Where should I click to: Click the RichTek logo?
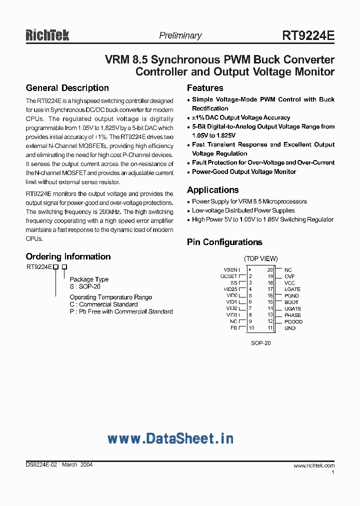pos(47,34)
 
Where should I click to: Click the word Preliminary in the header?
pos(180,35)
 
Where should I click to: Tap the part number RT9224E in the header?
pos(308,35)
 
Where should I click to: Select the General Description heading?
pos(67,88)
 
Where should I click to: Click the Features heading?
pos(205,88)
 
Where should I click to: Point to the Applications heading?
pos(212,190)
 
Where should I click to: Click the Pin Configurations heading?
pos(224,242)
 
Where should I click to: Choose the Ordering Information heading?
pos(68,256)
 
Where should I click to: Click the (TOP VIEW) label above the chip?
pos(260,258)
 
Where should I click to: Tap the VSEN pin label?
pos(231,270)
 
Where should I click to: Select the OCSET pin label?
pos(229,276)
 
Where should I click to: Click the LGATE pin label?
pos(292,289)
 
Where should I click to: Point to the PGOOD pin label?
pos(293,322)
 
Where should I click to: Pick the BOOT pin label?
pos(291,302)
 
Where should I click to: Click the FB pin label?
pos(233,328)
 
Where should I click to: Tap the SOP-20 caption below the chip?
pos(260,343)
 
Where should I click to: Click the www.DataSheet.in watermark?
pos(170,438)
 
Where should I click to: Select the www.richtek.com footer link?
pos(314,465)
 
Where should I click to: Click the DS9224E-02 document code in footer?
pos(41,465)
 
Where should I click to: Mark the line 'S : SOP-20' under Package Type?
pos(85,287)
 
